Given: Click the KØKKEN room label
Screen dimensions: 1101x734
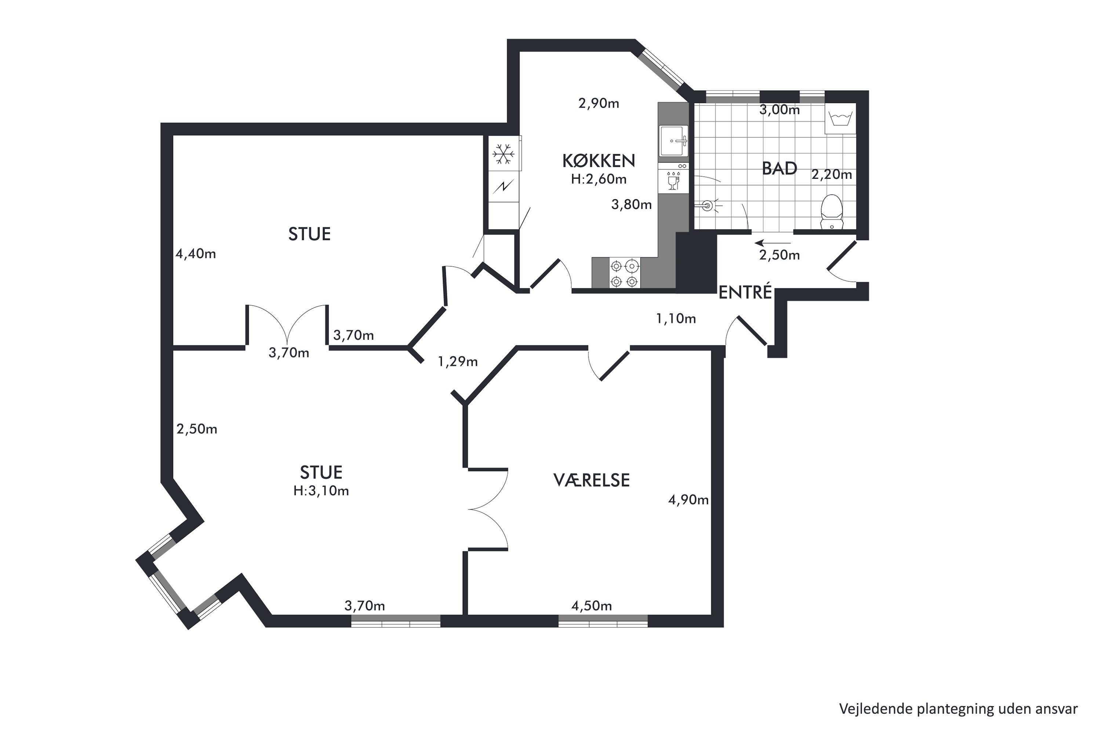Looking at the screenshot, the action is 598,161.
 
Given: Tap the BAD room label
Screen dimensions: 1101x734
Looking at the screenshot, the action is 780,168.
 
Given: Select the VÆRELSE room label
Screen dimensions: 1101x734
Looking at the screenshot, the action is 591,480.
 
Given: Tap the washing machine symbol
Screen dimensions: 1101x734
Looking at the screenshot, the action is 840,119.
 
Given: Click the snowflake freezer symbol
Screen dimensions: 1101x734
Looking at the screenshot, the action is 503,154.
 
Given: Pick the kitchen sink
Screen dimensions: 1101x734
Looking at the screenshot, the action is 673,141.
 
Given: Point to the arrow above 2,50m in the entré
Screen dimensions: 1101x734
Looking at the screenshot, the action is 773,243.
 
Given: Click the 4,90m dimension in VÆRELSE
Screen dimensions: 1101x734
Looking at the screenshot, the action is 688,501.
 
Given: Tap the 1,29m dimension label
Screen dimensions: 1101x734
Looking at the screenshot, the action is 457,361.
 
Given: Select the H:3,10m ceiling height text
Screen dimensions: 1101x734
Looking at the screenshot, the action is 321,491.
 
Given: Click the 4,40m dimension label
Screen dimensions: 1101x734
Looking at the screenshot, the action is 196,254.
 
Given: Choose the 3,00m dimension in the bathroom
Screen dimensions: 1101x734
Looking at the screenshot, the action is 780,110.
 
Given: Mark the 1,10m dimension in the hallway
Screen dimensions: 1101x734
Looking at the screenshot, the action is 676,319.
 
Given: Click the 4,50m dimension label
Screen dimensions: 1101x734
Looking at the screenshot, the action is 591,606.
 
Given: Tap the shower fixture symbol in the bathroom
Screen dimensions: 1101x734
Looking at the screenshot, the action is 709,205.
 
